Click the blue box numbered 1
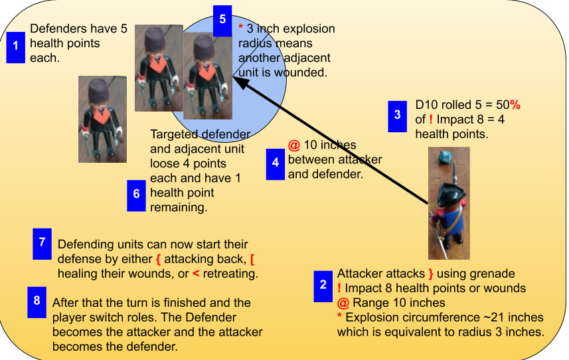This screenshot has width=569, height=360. (x=16, y=48)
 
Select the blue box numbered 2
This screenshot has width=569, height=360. (x=323, y=286)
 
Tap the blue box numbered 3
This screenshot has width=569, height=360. (x=397, y=116)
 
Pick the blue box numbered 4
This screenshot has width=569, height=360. (x=276, y=165)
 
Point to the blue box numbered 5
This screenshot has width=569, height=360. (x=222, y=21)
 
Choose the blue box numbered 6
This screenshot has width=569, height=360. (x=137, y=195)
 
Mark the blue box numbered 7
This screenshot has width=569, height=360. (x=42, y=244)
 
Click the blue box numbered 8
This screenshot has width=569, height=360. (x=37, y=302)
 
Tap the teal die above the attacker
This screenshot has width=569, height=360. (x=445, y=157)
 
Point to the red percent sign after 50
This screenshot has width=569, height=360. (x=515, y=105)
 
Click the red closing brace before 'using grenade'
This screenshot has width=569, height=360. (x=431, y=274)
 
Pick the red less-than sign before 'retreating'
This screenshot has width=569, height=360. (x=196, y=274)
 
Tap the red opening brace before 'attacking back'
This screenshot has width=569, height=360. (x=158, y=259)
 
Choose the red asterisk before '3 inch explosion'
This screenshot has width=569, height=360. (x=240, y=27)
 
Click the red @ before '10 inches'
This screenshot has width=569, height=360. (x=294, y=145)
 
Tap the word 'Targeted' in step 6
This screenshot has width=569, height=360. (x=173, y=135)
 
